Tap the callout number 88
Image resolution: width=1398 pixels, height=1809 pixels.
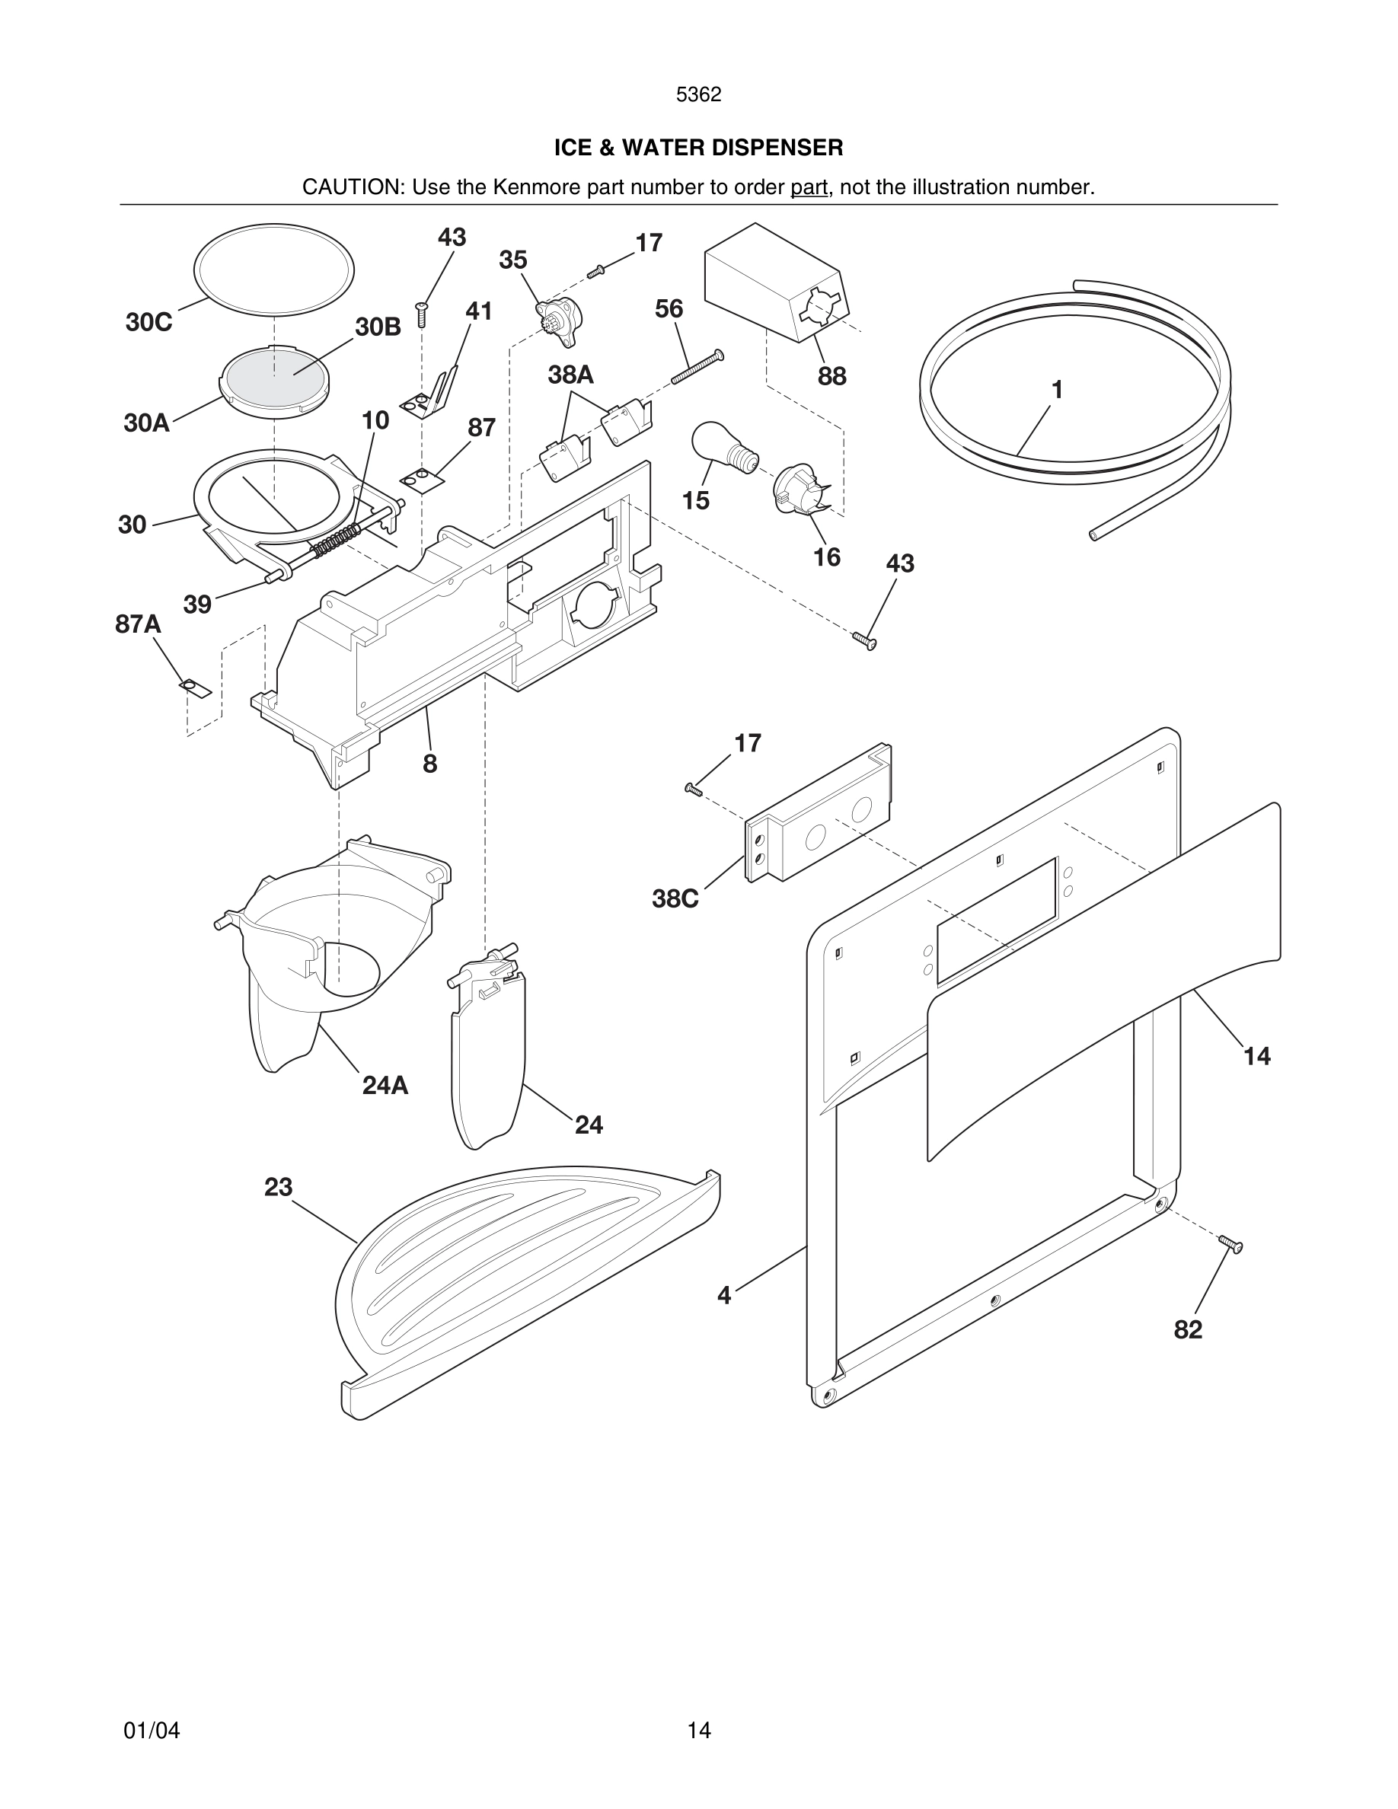point(831,376)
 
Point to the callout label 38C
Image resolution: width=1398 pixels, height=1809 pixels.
point(675,898)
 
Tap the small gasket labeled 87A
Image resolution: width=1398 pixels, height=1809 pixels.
point(195,688)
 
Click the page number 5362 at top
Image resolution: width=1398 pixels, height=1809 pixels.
point(698,95)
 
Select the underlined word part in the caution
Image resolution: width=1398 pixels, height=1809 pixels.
point(809,187)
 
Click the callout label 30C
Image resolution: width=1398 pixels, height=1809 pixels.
point(149,322)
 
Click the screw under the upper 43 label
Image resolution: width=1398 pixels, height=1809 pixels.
point(423,314)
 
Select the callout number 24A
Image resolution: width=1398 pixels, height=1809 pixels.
point(385,1085)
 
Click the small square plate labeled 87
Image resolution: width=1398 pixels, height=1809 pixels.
point(423,479)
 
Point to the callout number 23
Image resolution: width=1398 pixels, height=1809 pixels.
point(278,1187)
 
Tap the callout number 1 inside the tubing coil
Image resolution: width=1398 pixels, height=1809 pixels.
point(1057,389)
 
